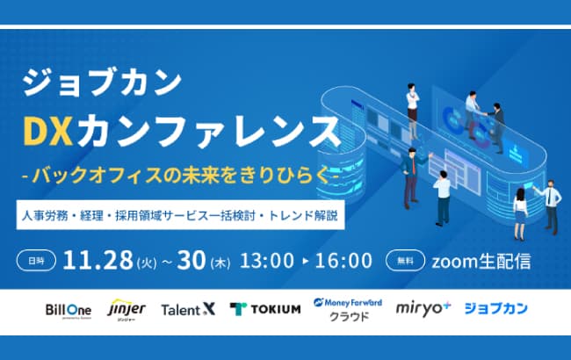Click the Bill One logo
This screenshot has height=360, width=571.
(68, 309)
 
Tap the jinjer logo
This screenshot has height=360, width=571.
(126, 309)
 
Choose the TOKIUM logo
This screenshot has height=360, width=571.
(265, 309)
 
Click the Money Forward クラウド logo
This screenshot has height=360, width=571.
(348, 309)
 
